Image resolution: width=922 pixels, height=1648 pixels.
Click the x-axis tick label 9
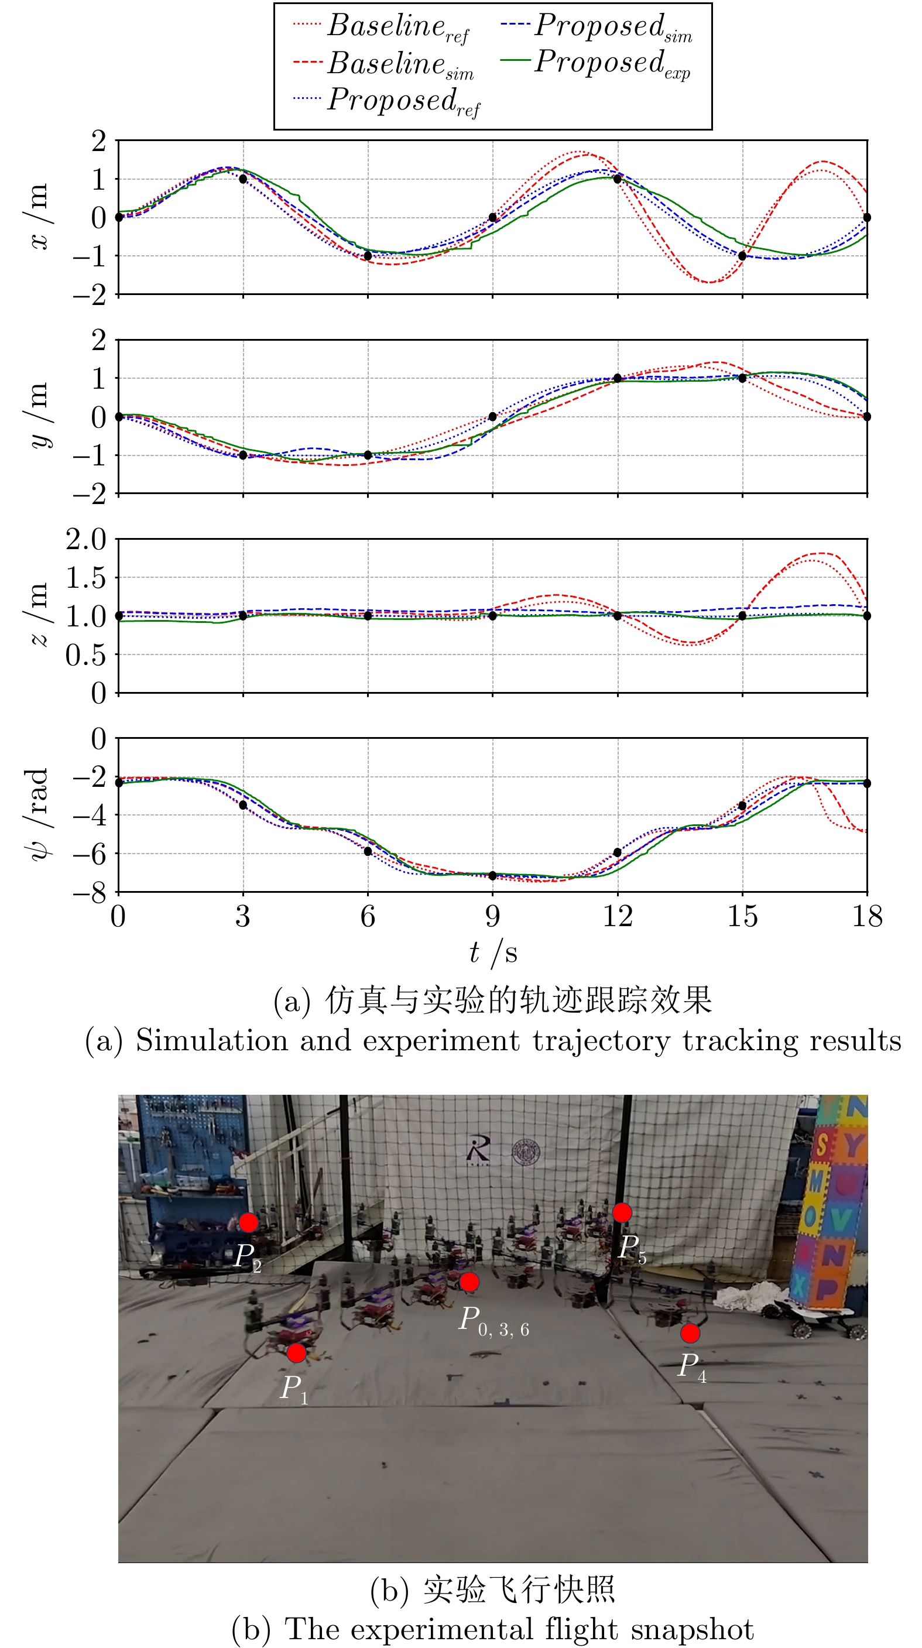tap(493, 917)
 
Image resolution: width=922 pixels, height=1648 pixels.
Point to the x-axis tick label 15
tap(742, 917)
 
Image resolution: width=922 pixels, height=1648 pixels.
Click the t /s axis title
tap(493, 953)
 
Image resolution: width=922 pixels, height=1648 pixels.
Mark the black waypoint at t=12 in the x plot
tap(618, 179)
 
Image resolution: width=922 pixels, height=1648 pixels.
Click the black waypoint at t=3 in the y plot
tap(243, 455)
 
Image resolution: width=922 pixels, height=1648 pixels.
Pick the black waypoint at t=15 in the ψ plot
tap(742, 806)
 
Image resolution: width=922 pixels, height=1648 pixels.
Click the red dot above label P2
tap(248, 1222)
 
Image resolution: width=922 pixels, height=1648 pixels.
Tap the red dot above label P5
tap(622, 1212)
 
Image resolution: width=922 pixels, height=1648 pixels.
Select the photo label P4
tap(693, 1366)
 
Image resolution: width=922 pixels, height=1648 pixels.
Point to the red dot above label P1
tap(296, 1353)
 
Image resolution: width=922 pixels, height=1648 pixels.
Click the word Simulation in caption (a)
tap(211, 1041)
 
